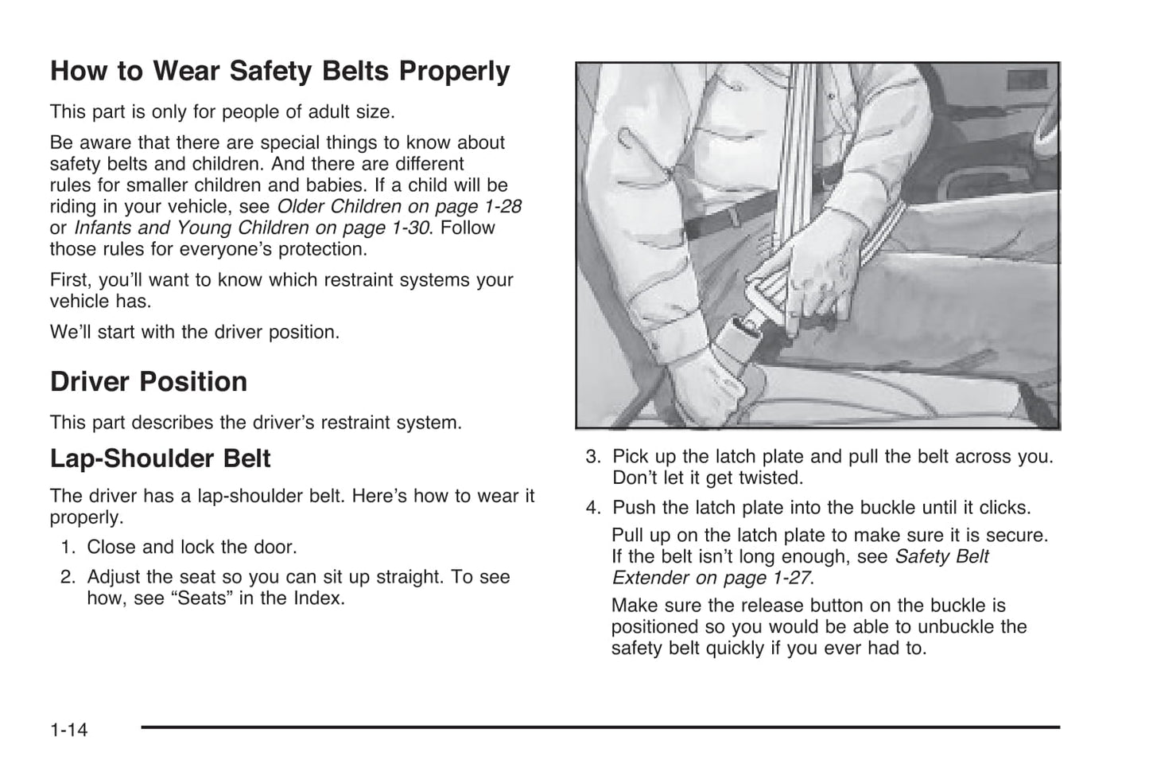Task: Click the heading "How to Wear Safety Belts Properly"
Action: (x=280, y=72)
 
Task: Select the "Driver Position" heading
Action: (x=149, y=382)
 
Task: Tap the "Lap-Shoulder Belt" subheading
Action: (x=160, y=458)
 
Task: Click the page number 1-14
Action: (x=69, y=729)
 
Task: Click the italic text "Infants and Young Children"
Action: (x=191, y=228)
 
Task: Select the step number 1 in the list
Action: (x=67, y=548)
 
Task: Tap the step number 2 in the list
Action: (x=67, y=577)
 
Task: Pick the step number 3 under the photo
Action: (x=592, y=457)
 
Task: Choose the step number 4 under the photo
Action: (x=592, y=508)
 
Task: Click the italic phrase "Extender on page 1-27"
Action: (x=712, y=578)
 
